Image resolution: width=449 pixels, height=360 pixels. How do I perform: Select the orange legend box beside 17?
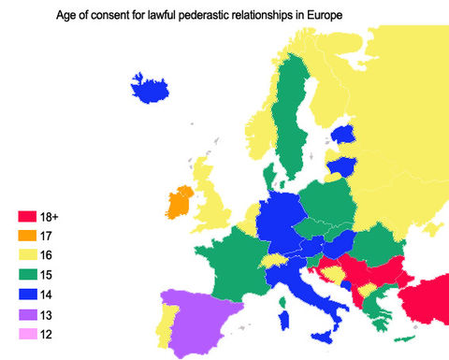pyautogui.click(x=27, y=235)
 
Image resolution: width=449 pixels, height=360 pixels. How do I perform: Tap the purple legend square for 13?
pyautogui.click(x=27, y=314)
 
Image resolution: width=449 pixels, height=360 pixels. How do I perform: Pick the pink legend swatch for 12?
pyautogui.click(x=27, y=334)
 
